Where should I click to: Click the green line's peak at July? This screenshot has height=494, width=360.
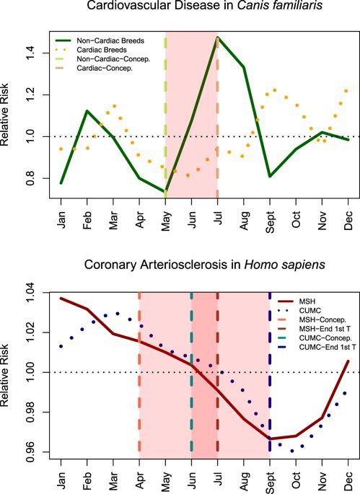coord(217,38)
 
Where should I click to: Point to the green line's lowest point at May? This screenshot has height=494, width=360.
coord(165,192)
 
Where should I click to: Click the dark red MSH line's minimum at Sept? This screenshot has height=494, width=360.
coord(270,438)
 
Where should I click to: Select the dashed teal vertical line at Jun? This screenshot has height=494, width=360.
coord(191,375)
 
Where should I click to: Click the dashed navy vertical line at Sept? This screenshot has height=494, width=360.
coord(270,375)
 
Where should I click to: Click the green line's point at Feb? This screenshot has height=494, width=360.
coord(87,111)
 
